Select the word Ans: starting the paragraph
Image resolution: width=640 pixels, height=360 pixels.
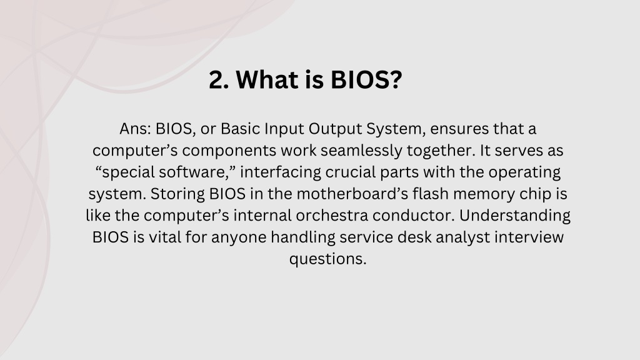click(136, 129)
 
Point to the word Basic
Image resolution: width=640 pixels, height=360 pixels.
click(241, 129)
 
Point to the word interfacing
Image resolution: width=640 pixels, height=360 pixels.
click(281, 173)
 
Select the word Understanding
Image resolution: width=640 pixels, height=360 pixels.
click(515, 216)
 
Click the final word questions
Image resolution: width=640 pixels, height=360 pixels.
click(327, 259)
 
